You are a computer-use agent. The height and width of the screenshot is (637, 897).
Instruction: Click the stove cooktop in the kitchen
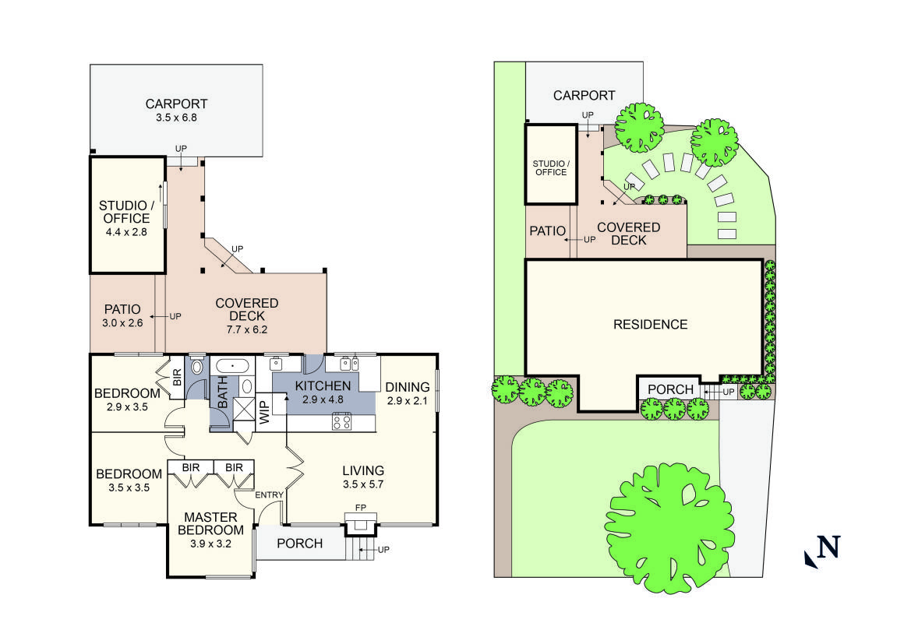(341, 421)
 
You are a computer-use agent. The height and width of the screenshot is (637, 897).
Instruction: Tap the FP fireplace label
(361, 508)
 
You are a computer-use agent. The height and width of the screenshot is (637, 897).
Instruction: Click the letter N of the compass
(828, 547)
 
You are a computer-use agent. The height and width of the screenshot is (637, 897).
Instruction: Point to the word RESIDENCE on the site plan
(650, 324)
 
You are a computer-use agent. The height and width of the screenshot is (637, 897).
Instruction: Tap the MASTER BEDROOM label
(210, 523)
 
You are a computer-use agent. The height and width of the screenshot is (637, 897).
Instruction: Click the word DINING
(408, 387)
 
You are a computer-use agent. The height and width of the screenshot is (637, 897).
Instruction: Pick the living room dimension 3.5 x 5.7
(363, 484)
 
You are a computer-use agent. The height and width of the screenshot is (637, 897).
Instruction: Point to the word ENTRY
(270, 494)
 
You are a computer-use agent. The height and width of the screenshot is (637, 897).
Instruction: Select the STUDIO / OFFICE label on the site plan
(550, 167)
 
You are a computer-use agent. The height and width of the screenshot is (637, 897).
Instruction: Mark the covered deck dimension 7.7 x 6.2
(246, 330)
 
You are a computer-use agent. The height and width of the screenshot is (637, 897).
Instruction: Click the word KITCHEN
(323, 385)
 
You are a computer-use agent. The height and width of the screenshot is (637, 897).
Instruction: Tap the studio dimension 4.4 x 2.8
(125, 232)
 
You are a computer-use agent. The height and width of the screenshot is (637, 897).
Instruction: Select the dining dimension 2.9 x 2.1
(408, 401)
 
